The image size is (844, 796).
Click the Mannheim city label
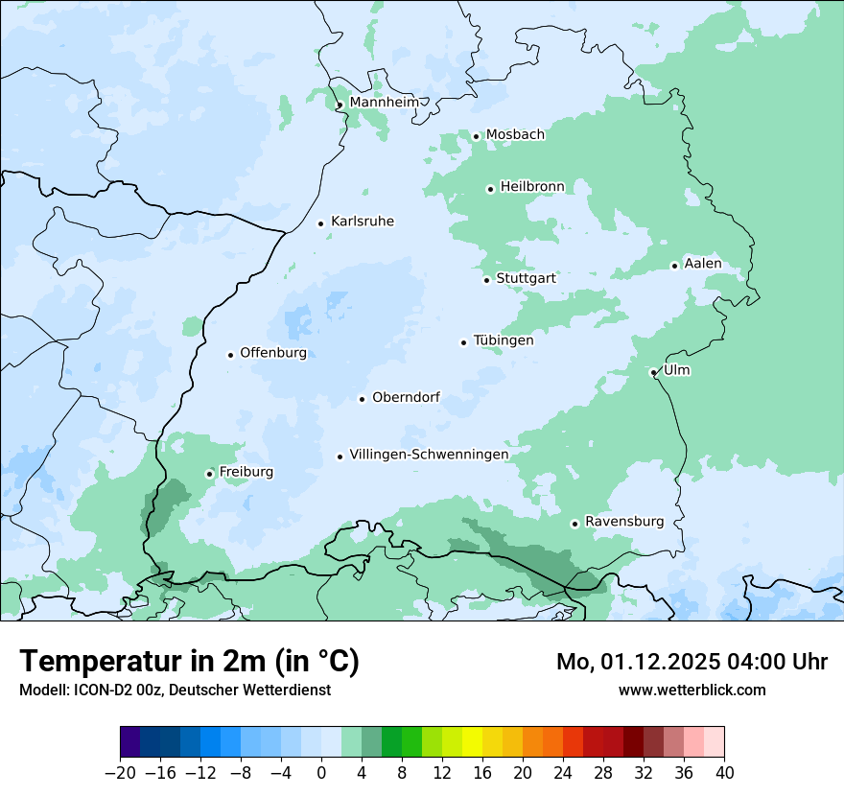(x=384, y=103)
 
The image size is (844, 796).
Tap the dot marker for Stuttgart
(x=487, y=280)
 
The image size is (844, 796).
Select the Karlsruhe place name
(x=362, y=222)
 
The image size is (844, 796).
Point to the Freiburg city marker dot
(x=210, y=474)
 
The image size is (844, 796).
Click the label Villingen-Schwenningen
(x=429, y=455)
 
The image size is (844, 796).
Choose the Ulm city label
(x=676, y=370)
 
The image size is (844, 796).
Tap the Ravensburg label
(x=623, y=522)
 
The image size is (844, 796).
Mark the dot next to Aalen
(x=675, y=266)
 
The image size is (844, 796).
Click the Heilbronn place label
(x=532, y=187)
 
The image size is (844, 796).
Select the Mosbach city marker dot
(x=476, y=136)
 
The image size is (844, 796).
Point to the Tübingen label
(x=504, y=340)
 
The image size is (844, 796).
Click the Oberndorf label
(x=406, y=397)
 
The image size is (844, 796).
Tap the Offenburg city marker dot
(x=231, y=355)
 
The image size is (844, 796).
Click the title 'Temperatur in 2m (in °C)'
(x=190, y=662)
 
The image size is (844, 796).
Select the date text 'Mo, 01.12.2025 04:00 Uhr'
(x=692, y=662)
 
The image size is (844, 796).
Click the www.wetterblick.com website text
(x=692, y=690)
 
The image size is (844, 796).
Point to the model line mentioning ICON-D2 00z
(x=175, y=690)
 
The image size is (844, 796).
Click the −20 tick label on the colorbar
(x=121, y=772)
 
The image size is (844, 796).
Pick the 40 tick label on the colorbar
(x=724, y=772)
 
